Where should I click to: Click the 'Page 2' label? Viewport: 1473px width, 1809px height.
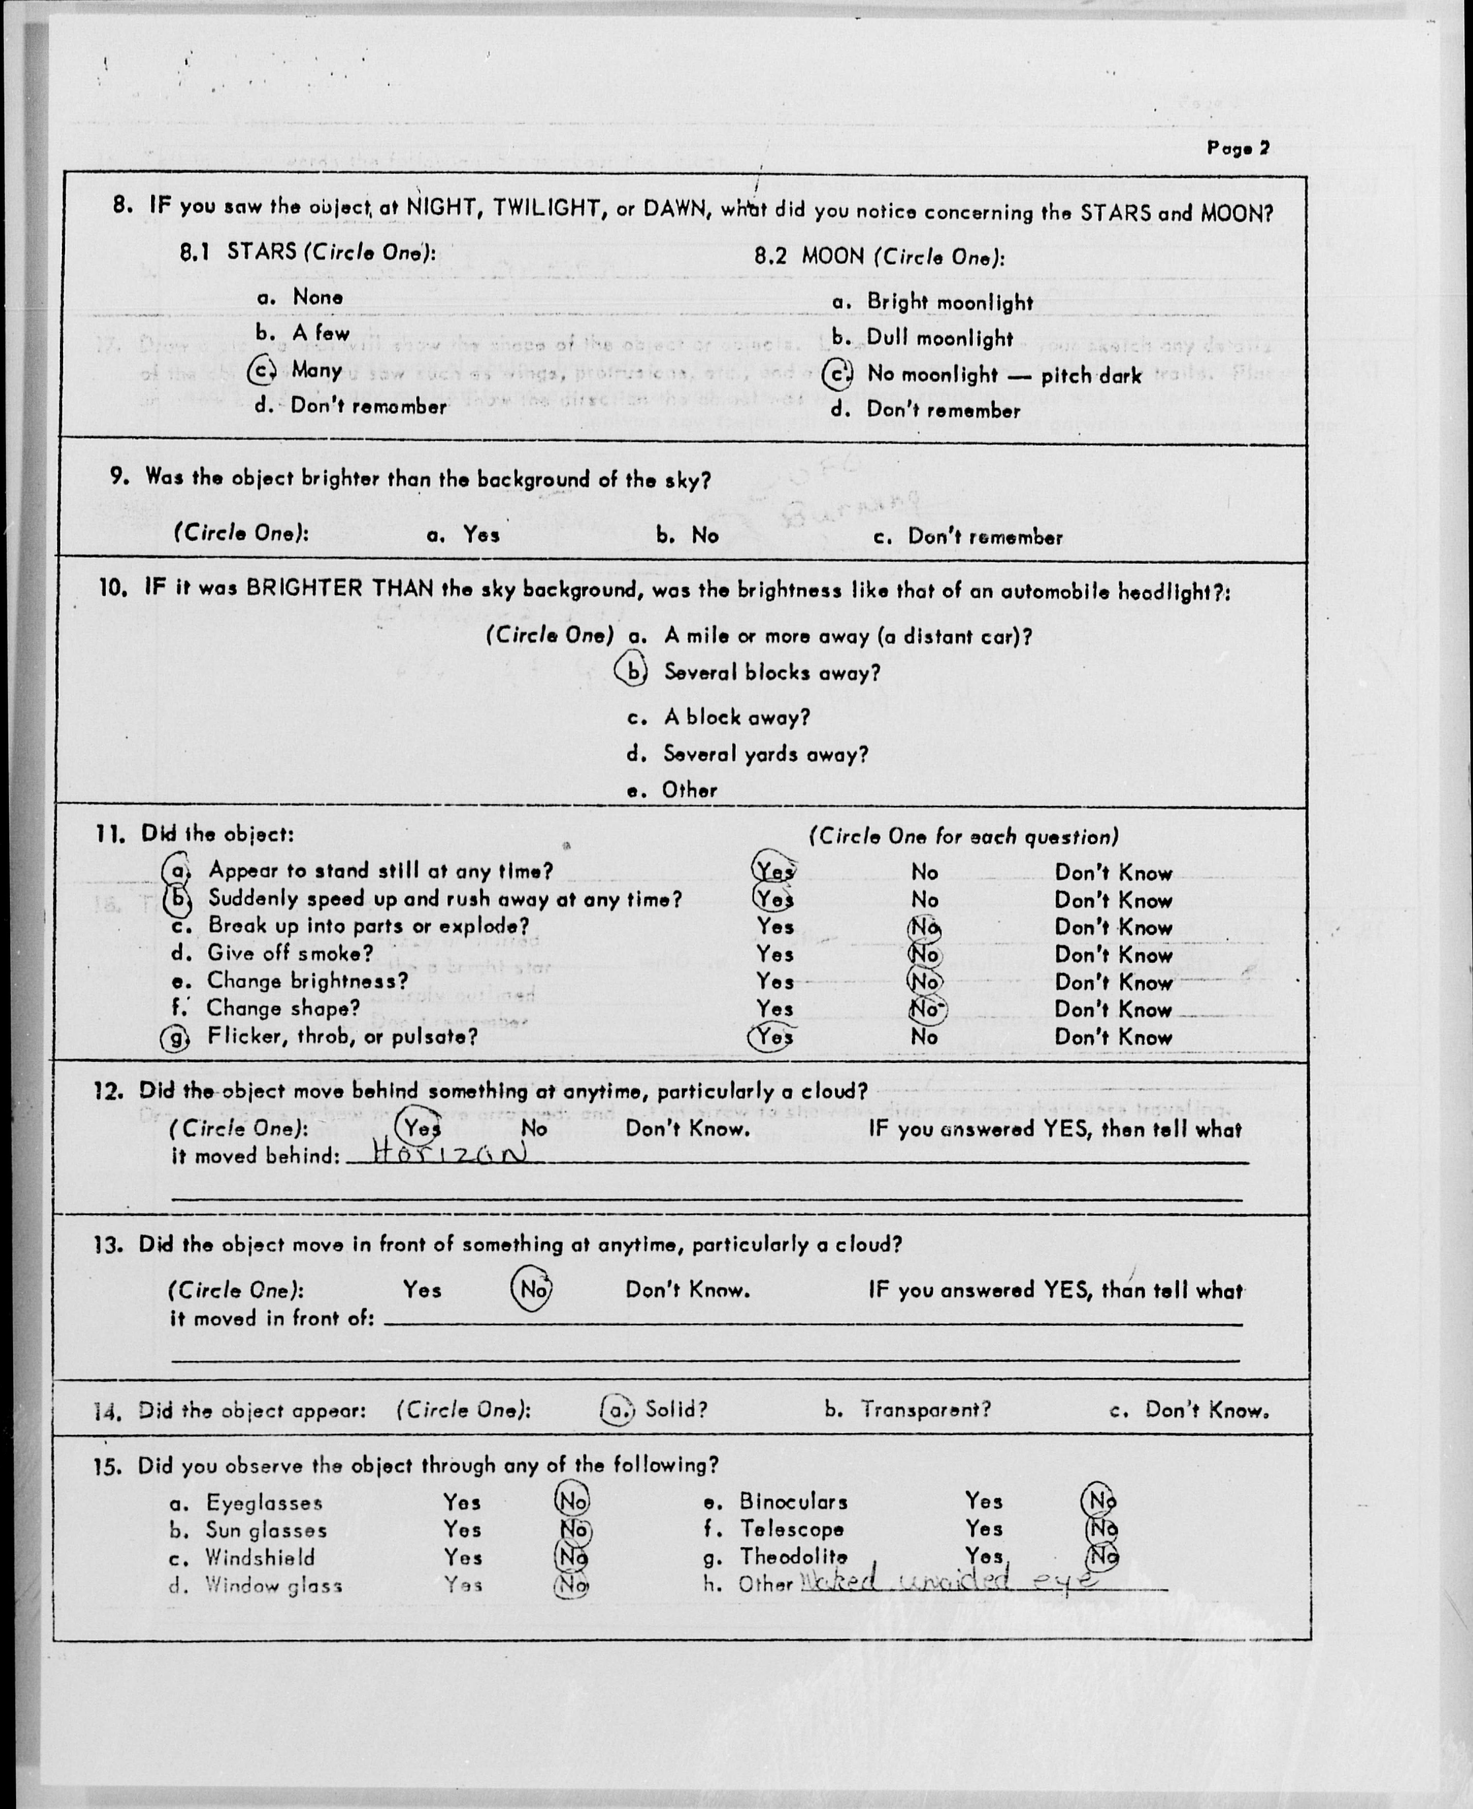pyautogui.click(x=1237, y=149)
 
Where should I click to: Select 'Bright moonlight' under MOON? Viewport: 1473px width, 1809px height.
pyautogui.click(x=948, y=303)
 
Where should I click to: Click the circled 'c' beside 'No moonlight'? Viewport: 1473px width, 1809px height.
pyautogui.click(x=838, y=375)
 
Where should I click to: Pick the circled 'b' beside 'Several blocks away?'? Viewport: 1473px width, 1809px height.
pyautogui.click(x=631, y=672)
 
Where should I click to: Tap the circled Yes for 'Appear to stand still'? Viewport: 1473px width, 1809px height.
pyautogui.click(x=774, y=870)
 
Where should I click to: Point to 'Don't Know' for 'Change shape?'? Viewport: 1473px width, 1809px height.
pyautogui.click(x=1113, y=1010)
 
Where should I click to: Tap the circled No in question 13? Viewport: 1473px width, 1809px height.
pyautogui.click(x=533, y=1290)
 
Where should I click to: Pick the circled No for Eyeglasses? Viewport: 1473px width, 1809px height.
pyautogui.click(x=572, y=1501)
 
